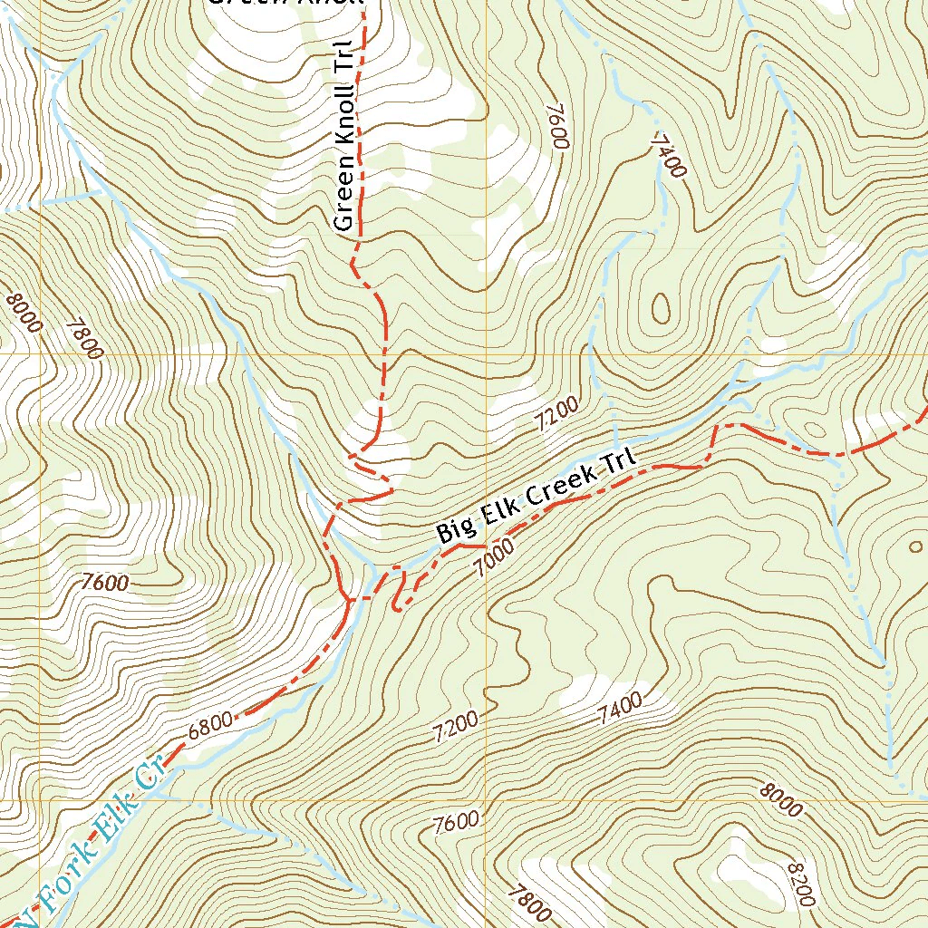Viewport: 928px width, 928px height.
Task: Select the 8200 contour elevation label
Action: (x=801, y=884)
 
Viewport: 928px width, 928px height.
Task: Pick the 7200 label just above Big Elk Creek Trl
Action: (x=556, y=417)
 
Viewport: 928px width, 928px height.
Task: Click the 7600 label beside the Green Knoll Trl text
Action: (x=556, y=126)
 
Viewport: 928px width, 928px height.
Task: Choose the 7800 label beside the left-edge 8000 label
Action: (x=83, y=337)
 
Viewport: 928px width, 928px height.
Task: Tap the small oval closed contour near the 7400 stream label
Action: (x=661, y=309)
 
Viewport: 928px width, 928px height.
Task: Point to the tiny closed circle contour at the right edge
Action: (x=913, y=547)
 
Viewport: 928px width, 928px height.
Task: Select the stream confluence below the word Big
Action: (x=374, y=573)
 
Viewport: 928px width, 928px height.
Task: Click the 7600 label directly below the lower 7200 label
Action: (x=456, y=823)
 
